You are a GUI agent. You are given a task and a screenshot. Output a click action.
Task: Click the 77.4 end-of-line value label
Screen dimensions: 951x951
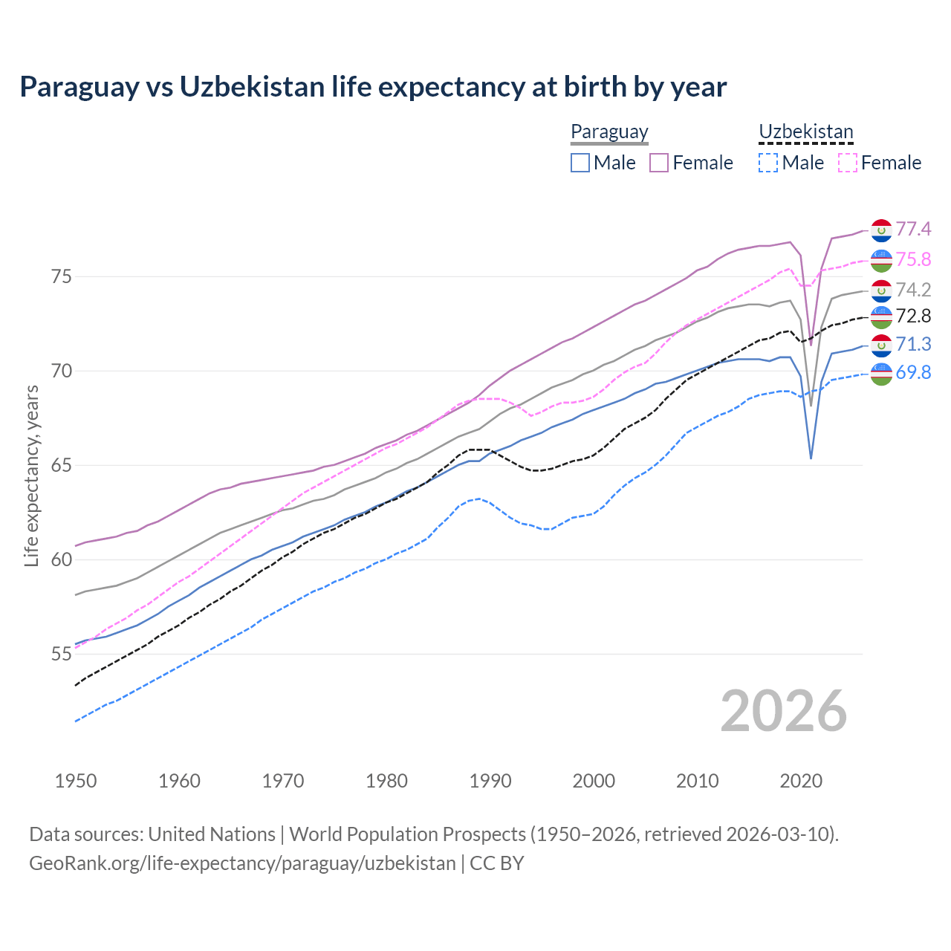[x=913, y=229]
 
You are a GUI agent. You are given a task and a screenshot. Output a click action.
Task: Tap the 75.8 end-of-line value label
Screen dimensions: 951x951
[x=913, y=259]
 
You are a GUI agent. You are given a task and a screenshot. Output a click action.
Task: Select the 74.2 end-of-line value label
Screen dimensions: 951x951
[x=913, y=290]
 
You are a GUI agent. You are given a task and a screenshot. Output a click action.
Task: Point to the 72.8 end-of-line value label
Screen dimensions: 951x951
[x=913, y=317]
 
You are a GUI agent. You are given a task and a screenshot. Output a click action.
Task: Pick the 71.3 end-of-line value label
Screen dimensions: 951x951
[x=913, y=344]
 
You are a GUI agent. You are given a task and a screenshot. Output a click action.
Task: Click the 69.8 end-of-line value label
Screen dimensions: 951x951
[x=913, y=373]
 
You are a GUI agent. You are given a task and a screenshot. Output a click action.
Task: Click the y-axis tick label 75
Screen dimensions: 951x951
[x=62, y=276]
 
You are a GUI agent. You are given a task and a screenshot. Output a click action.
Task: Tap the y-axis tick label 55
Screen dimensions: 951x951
[x=62, y=654]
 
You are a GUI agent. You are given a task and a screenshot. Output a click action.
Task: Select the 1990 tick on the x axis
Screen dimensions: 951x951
[x=490, y=781]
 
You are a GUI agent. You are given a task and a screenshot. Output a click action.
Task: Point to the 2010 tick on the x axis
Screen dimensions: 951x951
[x=697, y=781]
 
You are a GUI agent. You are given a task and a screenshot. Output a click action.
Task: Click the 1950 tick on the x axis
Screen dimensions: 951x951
[x=76, y=781]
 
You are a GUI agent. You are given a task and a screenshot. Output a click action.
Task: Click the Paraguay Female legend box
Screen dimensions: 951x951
[x=659, y=163]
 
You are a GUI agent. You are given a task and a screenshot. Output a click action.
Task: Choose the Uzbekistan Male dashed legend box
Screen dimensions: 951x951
[x=768, y=163]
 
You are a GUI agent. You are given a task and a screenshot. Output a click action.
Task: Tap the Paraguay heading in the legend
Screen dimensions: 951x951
[x=609, y=132]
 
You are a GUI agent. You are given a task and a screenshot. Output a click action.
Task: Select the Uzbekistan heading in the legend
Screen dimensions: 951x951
[x=805, y=132]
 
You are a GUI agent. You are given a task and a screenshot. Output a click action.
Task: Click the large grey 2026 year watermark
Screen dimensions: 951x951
[x=783, y=711]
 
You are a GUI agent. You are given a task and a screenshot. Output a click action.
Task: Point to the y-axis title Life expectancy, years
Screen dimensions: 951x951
[x=32, y=475]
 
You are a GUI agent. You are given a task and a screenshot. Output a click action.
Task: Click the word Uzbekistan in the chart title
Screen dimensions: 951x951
[x=252, y=87]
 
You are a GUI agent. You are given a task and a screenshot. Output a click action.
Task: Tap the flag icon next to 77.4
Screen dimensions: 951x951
[x=881, y=230]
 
